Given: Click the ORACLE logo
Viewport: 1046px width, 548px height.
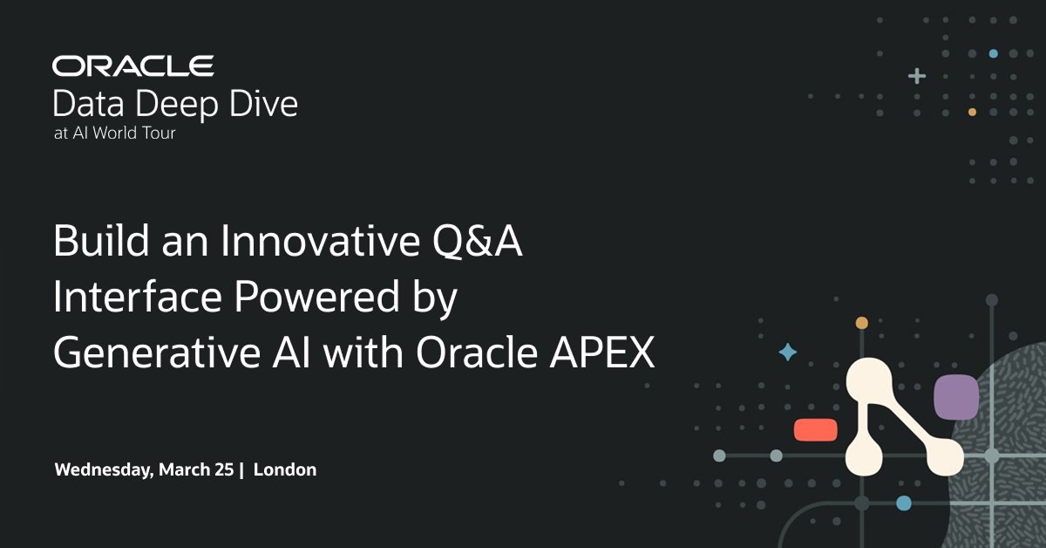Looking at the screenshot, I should [132, 65].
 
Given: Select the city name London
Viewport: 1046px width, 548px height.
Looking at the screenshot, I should [285, 469].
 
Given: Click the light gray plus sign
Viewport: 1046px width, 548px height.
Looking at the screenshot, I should [916, 76].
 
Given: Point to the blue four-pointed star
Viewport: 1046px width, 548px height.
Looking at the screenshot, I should [787, 352].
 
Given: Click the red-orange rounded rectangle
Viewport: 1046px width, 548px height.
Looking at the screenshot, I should [816, 430].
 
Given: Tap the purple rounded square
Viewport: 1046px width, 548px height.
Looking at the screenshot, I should [956, 397].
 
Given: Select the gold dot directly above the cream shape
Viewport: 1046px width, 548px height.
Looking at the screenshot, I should [862, 323].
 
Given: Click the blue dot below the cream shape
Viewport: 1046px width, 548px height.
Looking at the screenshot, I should [904, 503].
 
